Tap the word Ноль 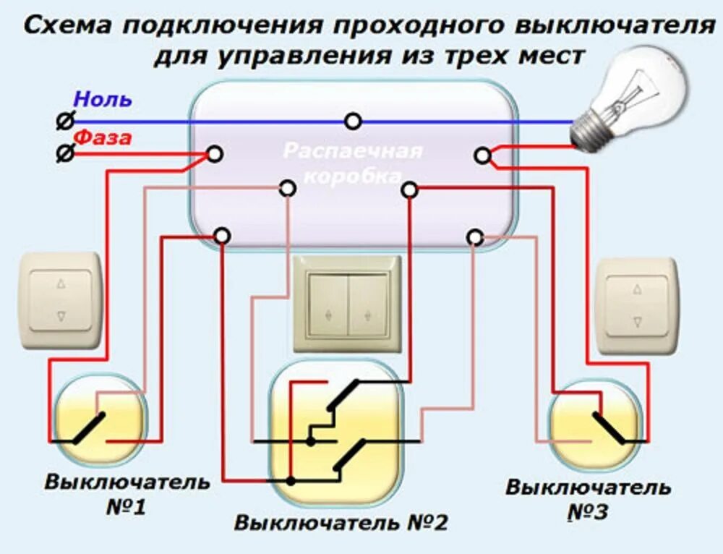click(x=103, y=99)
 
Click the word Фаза click(x=103, y=137)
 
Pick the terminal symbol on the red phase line click(x=64, y=153)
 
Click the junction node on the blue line click(x=353, y=121)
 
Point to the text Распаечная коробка click(x=353, y=163)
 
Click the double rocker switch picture click(x=348, y=304)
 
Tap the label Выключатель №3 click(x=587, y=499)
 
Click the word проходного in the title click(x=418, y=26)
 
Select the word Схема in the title click(x=69, y=26)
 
